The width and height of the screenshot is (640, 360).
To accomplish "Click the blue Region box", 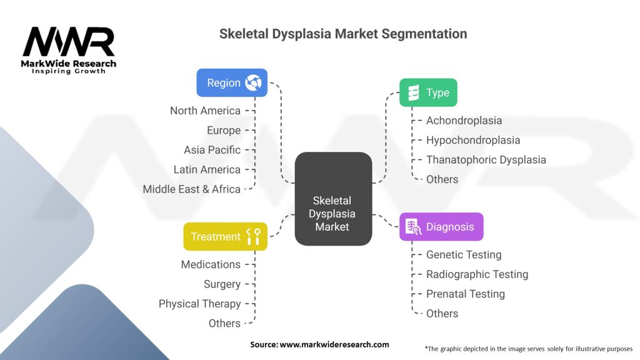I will pyautogui.click(x=232, y=82).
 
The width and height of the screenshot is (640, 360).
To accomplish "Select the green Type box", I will pyautogui.click(x=428, y=92).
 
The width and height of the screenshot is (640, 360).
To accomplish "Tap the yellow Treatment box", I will pyautogui.click(x=225, y=236).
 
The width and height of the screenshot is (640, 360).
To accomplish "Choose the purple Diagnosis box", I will pyautogui.click(x=441, y=227).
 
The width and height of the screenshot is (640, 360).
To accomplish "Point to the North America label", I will pyautogui.click(x=205, y=111).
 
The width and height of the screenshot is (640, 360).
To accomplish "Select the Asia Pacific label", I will pyautogui.click(x=212, y=150).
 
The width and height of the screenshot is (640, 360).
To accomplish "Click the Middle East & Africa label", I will pyautogui.click(x=191, y=189).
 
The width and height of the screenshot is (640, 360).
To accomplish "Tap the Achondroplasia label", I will pyautogui.click(x=464, y=121).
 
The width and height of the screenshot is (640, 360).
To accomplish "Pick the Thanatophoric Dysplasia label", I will pyautogui.click(x=486, y=159).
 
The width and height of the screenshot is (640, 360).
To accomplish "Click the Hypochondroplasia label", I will pyautogui.click(x=472, y=140).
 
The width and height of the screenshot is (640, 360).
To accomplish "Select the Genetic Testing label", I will pyautogui.click(x=464, y=254).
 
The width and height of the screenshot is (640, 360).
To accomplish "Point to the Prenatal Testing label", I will pyautogui.click(x=465, y=294).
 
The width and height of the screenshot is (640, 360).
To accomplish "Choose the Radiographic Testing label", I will pyautogui.click(x=477, y=274).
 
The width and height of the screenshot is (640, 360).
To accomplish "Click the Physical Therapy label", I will pyautogui.click(x=199, y=304).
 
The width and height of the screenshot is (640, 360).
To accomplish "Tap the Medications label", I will pyautogui.click(x=211, y=264).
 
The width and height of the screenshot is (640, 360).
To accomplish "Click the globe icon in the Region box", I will pyautogui.click(x=253, y=82).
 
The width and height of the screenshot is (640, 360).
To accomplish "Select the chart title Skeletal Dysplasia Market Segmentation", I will pyautogui.click(x=342, y=34).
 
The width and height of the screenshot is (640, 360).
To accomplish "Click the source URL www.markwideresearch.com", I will pyautogui.click(x=319, y=344).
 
